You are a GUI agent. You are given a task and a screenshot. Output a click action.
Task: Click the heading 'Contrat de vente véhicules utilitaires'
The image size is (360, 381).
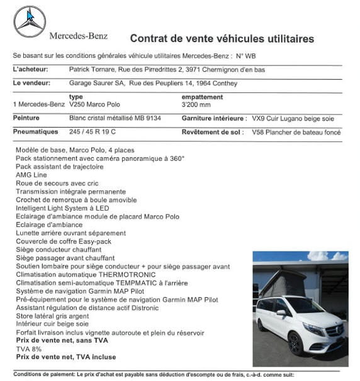click(222, 39)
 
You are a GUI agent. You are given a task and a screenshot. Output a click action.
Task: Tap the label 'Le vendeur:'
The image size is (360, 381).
click(30, 82)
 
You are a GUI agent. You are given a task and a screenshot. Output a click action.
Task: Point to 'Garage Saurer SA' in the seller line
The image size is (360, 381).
click(95, 82)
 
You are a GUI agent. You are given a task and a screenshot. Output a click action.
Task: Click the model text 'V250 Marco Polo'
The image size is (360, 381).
click(94, 104)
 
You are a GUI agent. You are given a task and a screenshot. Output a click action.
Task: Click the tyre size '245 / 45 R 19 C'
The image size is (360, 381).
click(94, 132)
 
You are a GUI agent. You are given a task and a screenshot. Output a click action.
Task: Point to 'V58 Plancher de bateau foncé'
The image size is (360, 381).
click(296, 132)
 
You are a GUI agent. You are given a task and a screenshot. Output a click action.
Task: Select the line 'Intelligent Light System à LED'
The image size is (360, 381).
click(62, 208)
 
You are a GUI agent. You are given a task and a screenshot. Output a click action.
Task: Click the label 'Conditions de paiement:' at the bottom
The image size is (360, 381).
click(43, 374)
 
